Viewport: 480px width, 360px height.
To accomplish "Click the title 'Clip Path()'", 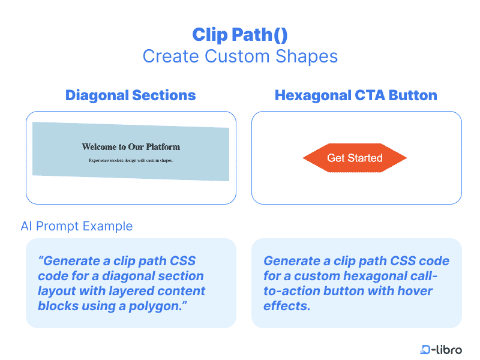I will [x=240, y=34].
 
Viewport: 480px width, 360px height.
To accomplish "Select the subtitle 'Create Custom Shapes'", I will [x=240, y=56].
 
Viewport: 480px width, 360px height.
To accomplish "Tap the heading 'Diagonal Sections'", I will [x=130, y=95].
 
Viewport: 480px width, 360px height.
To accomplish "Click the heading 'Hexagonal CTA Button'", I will [x=356, y=95].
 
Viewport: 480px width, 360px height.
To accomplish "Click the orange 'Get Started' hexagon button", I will [x=355, y=158].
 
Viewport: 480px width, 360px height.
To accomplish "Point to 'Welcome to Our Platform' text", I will [x=131, y=146].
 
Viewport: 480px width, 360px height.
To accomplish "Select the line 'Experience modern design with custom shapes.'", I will [x=131, y=160].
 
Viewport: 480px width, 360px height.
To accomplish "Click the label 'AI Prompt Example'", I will [x=76, y=226].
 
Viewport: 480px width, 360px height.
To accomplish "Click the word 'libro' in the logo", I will [x=449, y=350].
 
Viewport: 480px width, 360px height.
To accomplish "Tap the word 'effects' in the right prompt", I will [x=286, y=305].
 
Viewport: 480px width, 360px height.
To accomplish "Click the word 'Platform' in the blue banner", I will [x=161, y=146].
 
